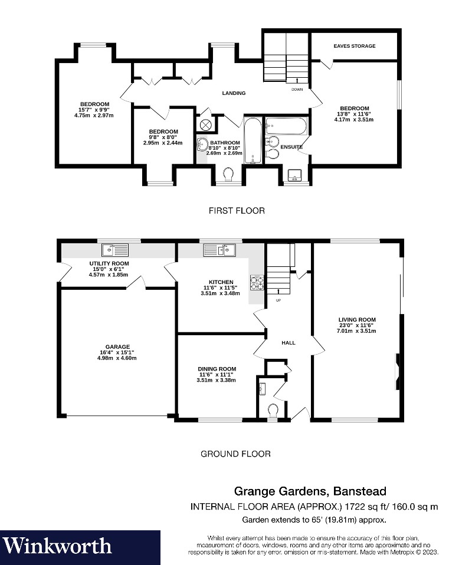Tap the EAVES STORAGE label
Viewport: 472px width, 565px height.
(x=354, y=46)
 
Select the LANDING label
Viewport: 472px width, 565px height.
(x=234, y=93)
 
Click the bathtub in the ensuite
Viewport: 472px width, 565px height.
(x=286, y=125)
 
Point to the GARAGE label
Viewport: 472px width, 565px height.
(x=118, y=347)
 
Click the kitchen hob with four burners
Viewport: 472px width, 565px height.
(x=257, y=283)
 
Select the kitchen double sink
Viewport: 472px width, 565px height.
(x=219, y=250)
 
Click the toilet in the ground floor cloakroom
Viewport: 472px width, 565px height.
(x=273, y=409)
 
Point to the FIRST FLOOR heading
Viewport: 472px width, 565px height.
(x=236, y=210)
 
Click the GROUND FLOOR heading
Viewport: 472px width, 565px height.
(x=235, y=454)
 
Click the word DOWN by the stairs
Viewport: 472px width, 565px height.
(x=297, y=90)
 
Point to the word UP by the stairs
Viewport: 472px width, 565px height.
(x=278, y=300)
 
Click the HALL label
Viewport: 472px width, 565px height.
(x=288, y=343)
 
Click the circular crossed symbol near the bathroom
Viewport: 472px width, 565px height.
(x=206, y=124)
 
